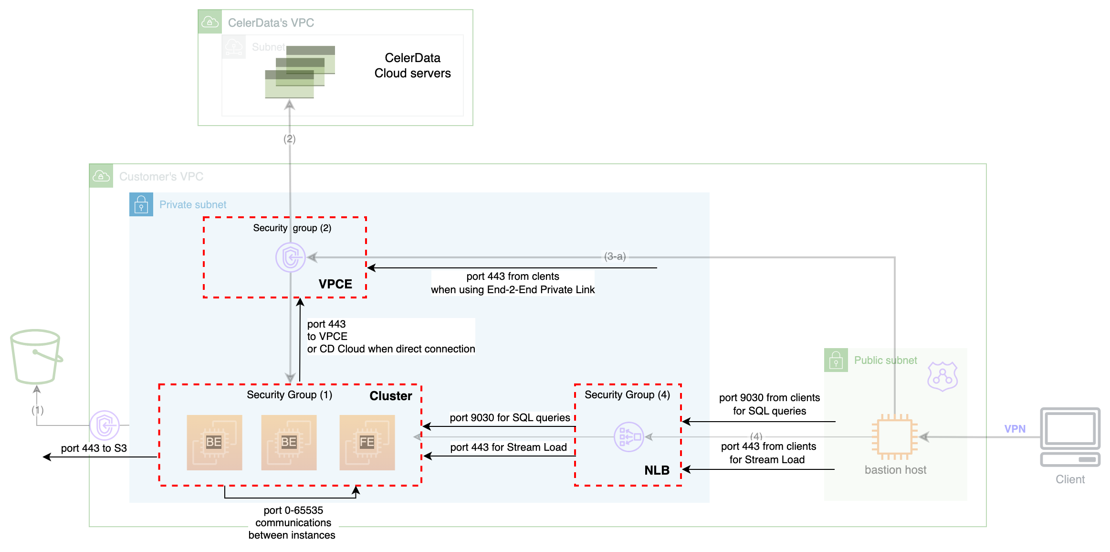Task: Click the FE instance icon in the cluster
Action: [367, 442]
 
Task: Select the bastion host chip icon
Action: [894, 436]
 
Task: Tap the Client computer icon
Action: [1070, 436]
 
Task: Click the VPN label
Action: [1015, 429]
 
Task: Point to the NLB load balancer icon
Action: [628, 436]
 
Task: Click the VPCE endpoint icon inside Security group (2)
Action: [290, 257]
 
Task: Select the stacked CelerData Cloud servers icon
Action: [300, 72]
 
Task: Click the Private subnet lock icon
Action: [141, 204]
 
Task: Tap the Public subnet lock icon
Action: [836, 360]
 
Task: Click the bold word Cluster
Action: [390, 396]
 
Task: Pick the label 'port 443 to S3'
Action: [94, 448]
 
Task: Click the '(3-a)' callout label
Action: [615, 256]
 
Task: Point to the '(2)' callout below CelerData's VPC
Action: [289, 139]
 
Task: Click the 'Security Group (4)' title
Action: [627, 394]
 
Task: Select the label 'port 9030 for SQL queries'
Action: [509, 417]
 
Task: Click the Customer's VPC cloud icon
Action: [101, 176]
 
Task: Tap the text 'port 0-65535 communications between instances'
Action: [293, 522]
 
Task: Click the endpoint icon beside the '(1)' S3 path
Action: [105, 425]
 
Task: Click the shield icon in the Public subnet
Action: [942, 376]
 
